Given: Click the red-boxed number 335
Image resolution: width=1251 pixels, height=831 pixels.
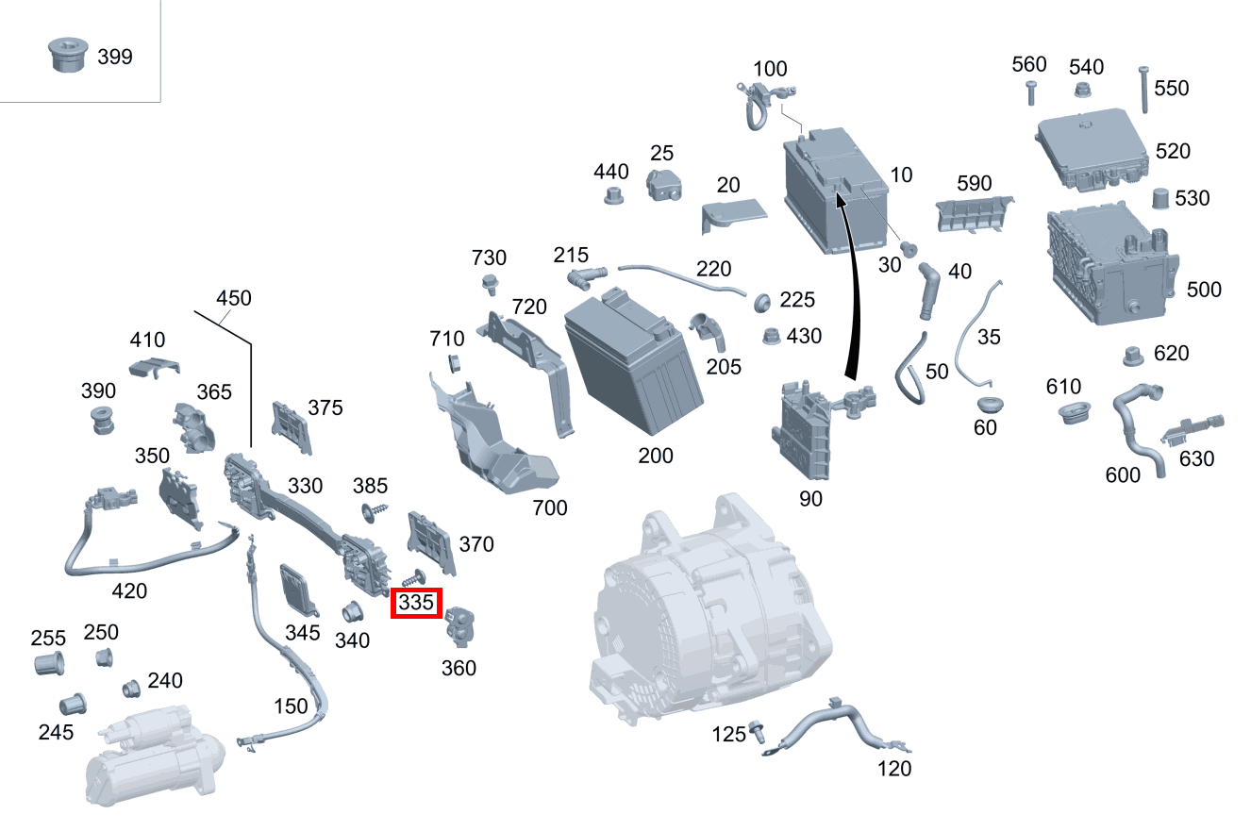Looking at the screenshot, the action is coord(416,603).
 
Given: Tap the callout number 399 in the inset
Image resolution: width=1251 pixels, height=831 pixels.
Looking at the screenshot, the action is coord(115,57).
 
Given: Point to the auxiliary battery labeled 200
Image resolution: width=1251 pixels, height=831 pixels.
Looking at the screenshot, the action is coord(633,363).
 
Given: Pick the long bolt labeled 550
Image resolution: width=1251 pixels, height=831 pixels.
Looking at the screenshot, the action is coord(1143,90).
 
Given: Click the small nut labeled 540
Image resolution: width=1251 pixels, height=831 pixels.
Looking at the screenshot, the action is coord(1082,90).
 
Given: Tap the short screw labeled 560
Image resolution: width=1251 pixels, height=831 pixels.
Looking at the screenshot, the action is coord(1031,93).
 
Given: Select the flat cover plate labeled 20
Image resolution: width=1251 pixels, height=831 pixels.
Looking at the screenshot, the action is coord(733,215).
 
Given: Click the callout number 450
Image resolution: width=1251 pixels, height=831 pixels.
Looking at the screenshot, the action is coord(233,298).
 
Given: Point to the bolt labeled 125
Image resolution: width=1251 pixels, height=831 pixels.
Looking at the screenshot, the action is coord(758,732).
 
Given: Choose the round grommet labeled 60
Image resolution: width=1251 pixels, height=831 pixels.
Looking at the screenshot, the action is coord(991,405).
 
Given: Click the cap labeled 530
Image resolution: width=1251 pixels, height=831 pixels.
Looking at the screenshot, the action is coord(1160,198).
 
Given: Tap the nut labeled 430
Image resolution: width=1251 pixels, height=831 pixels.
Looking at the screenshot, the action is coord(772,336).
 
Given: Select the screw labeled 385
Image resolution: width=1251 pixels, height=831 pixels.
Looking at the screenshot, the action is coord(374,512).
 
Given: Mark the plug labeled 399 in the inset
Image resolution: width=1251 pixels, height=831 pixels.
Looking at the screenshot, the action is coord(68,55).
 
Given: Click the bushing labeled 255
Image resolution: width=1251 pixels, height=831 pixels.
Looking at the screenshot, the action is coord(49,663).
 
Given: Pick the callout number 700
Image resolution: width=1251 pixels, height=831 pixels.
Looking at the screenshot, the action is coord(549,508).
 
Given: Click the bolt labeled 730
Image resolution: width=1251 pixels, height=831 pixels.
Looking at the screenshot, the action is coord(491,284).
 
